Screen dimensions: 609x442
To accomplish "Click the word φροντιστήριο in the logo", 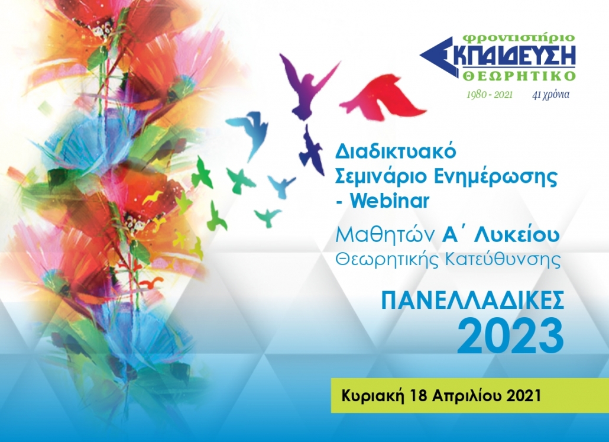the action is click(x=519, y=38).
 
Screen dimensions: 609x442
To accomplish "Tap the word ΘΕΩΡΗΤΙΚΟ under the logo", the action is click(x=519, y=75).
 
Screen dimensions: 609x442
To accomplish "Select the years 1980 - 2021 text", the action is click(x=490, y=95).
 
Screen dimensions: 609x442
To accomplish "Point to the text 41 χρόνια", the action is click(x=550, y=95).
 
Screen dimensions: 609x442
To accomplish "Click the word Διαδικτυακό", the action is click(x=395, y=151).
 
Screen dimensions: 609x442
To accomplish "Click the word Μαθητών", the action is click(x=384, y=235).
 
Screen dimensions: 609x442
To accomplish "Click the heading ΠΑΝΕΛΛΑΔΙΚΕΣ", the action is click(x=472, y=301).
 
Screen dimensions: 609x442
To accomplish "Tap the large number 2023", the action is click(x=510, y=336).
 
